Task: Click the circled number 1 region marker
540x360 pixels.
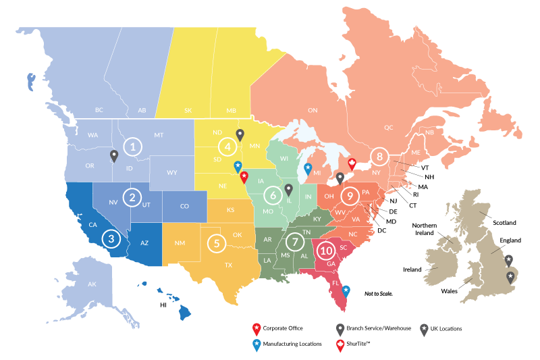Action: point(134,146)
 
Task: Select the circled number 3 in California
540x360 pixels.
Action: point(111,238)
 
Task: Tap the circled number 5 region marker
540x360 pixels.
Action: point(216,242)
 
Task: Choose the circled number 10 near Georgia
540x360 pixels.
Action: point(327,251)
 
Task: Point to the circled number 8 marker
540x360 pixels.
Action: point(380,157)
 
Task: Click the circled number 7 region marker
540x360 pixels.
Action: point(294,241)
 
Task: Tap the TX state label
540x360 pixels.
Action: point(228,265)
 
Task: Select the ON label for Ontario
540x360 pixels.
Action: point(313,110)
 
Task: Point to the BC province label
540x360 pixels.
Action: point(99,110)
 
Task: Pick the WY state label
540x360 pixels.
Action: point(172,173)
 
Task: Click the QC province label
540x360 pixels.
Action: point(388,127)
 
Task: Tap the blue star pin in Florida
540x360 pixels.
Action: point(346,291)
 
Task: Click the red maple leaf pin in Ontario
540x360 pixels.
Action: point(351,164)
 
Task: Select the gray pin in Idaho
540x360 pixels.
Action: point(114,157)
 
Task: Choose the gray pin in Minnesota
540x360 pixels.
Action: point(240,135)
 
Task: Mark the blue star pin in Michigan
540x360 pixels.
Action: point(308,168)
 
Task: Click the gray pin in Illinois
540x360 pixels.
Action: point(288,190)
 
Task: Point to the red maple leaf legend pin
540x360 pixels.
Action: point(341,346)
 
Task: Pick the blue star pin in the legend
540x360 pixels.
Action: point(256,346)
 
